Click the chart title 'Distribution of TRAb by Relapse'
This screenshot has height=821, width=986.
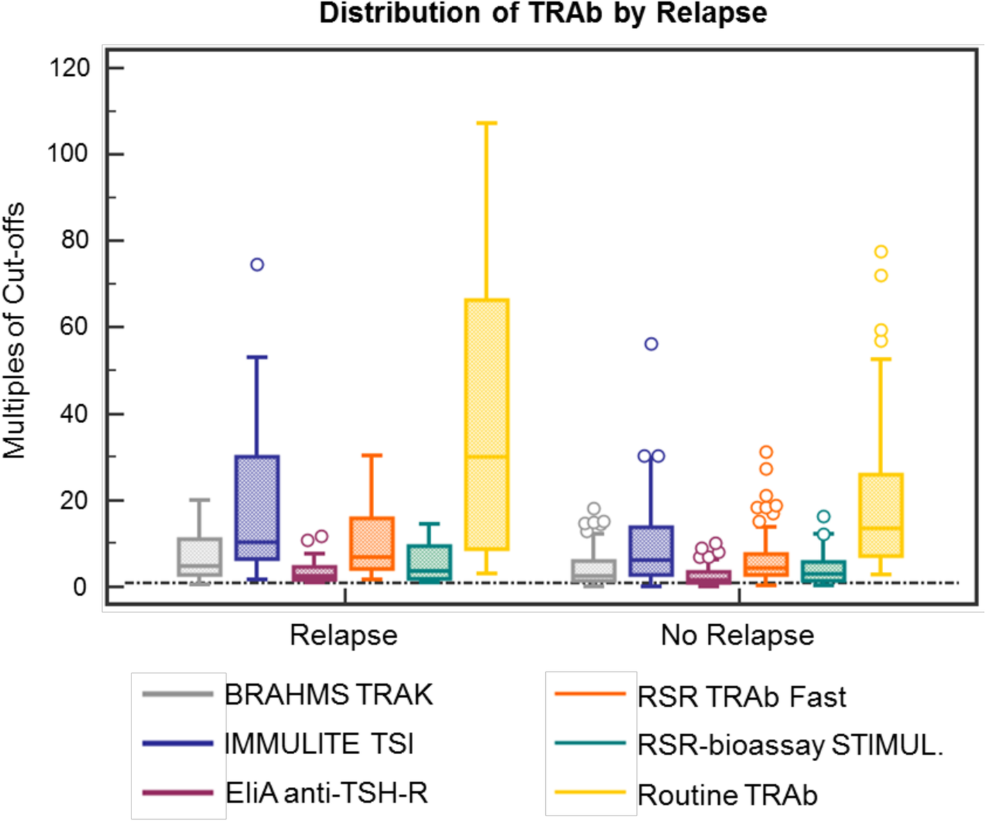pyautogui.click(x=543, y=13)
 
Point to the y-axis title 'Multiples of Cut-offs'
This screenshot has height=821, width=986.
pyautogui.click(x=15, y=330)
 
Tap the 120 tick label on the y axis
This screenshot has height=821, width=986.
pyautogui.click(x=70, y=68)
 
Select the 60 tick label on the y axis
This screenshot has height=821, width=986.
pyautogui.click(x=74, y=327)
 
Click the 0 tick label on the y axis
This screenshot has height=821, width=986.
pyautogui.click(x=80, y=587)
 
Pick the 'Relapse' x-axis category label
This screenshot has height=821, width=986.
pyautogui.click(x=344, y=635)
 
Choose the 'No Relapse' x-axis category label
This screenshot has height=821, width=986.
pyautogui.click(x=737, y=635)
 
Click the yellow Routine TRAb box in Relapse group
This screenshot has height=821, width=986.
pyautogui.click(x=487, y=424)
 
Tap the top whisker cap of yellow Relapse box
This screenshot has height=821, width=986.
pyautogui.click(x=487, y=123)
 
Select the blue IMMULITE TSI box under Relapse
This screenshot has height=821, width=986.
pyautogui.click(x=257, y=508)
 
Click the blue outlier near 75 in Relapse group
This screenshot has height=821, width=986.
pyautogui.click(x=257, y=264)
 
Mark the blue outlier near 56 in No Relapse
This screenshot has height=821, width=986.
pyautogui.click(x=651, y=344)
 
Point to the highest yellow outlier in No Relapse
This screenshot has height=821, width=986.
pyautogui.click(x=881, y=251)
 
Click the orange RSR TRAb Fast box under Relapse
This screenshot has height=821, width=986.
pyautogui.click(x=372, y=543)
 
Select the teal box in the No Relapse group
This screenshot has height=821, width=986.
pyautogui.click(x=823, y=571)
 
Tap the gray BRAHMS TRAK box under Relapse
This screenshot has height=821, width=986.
pyautogui.click(x=200, y=557)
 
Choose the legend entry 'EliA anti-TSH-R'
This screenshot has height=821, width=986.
pyautogui.click(x=326, y=793)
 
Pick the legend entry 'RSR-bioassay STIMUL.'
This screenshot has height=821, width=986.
pyautogui.click(x=790, y=745)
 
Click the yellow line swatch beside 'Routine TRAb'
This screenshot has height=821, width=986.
pyautogui.click(x=590, y=792)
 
